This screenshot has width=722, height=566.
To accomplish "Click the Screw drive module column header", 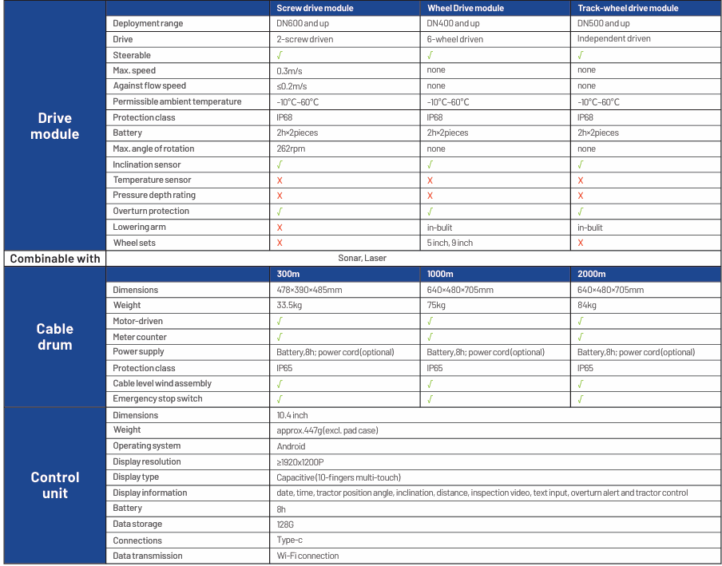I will tap(315, 8).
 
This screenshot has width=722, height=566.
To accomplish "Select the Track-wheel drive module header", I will tap(628, 8).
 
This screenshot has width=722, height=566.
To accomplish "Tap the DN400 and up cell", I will tap(454, 23).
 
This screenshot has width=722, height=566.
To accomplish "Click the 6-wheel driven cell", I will tap(455, 39).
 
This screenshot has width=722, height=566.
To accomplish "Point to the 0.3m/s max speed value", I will tap(289, 71).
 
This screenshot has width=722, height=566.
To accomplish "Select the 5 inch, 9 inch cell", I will tap(450, 243).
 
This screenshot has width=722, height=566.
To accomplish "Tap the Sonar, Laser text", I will tap(363, 258).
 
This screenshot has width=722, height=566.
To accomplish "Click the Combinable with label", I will tap(55, 259).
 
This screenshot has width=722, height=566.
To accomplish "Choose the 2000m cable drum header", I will tap(592, 274).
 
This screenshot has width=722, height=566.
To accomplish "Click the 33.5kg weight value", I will tap(289, 305).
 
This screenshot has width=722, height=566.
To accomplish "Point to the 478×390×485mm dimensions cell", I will tap(309, 290).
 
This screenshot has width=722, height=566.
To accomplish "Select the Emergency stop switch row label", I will tap(158, 399).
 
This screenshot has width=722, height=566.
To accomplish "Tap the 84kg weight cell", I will tap(587, 305).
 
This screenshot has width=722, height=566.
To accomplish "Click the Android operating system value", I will tap(291, 446).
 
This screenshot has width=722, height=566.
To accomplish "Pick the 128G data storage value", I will tap(287, 524).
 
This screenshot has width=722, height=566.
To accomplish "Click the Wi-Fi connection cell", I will tap(307, 556).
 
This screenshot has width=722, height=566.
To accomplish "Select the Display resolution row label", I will tap(147, 461).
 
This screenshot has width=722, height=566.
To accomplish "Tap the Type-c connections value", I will tap(290, 540).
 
